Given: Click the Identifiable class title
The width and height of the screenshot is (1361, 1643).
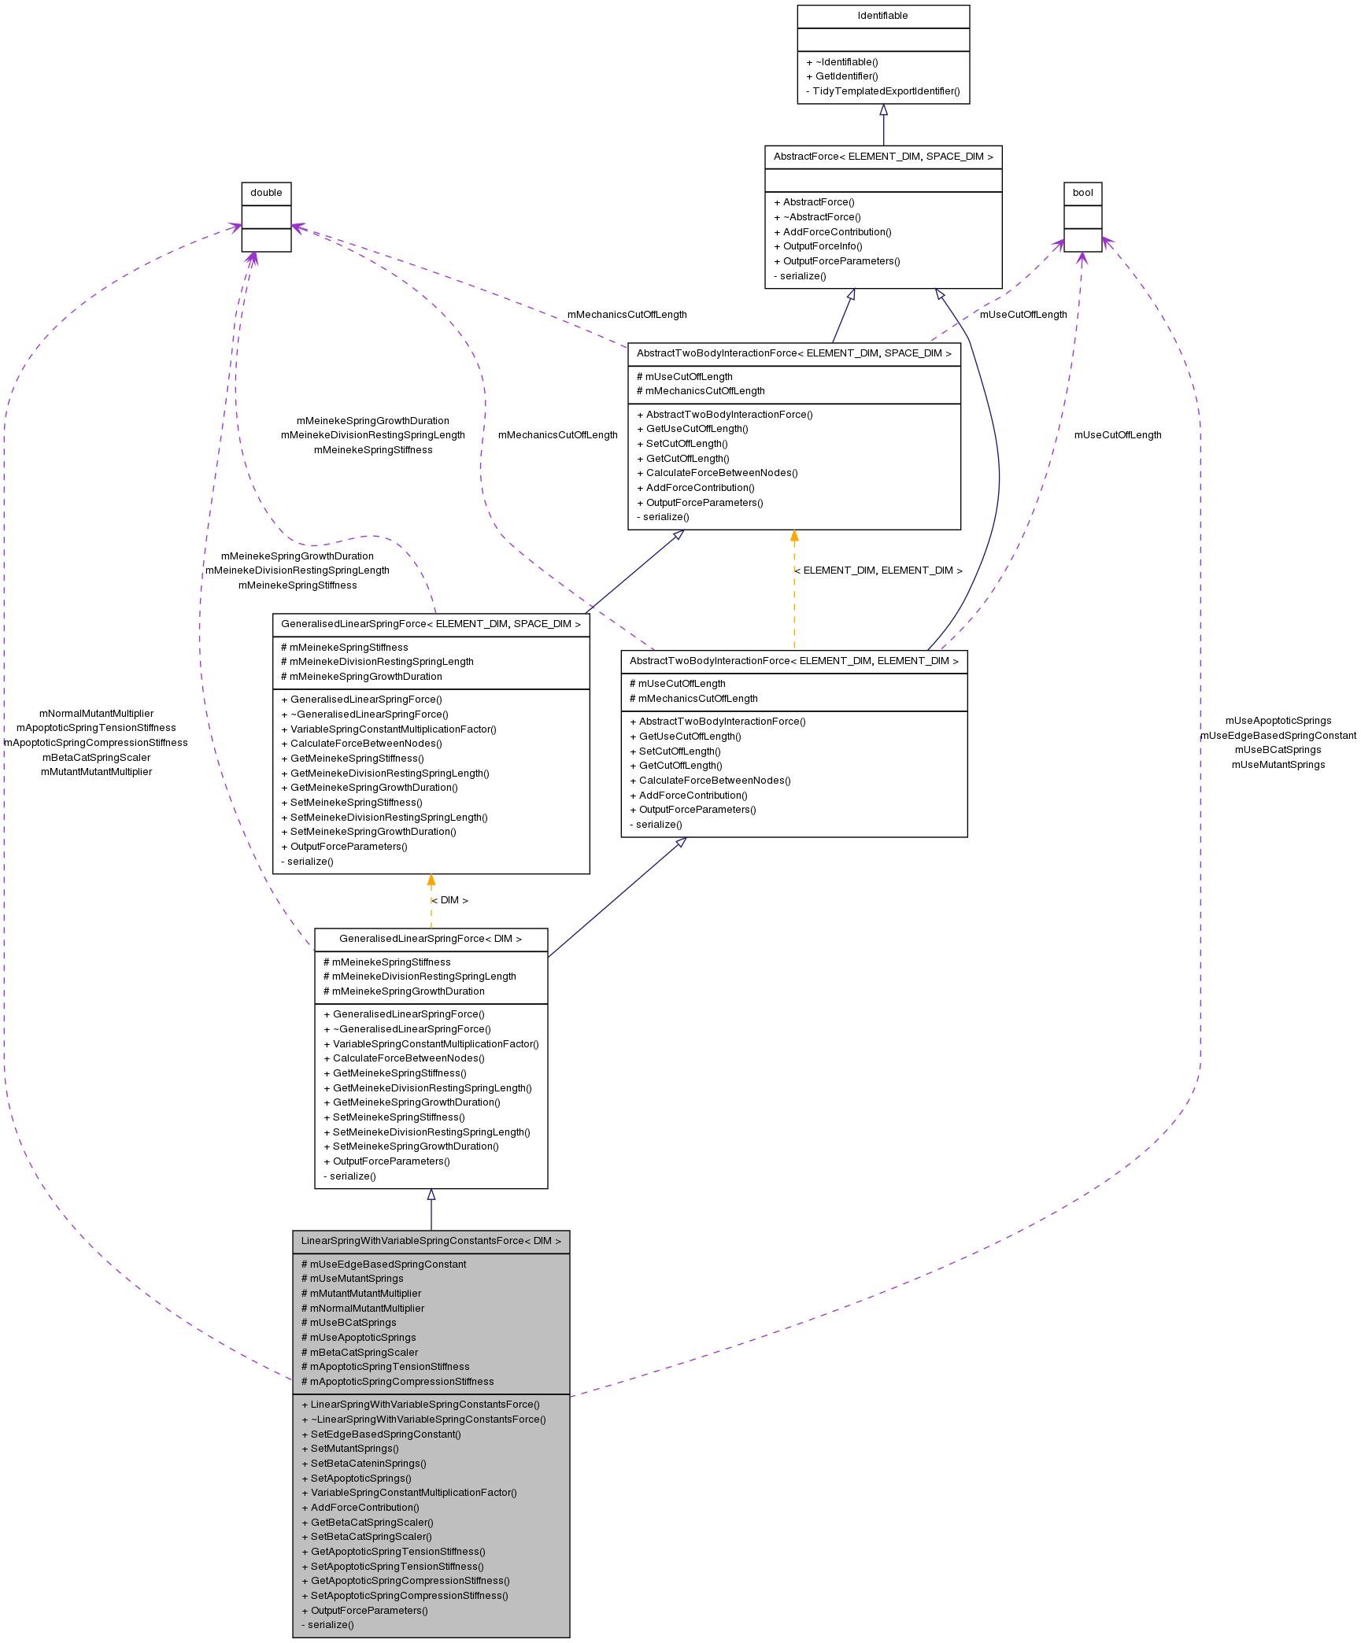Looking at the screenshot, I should pyautogui.click(x=882, y=16).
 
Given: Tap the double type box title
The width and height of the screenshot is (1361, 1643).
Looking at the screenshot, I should pyautogui.click(x=266, y=193).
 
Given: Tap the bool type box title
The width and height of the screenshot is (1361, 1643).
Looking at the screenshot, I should pyautogui.click(x=1082, y=193).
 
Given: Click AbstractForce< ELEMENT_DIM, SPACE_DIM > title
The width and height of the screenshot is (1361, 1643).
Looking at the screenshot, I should pyautogui.click(x=882, y=157).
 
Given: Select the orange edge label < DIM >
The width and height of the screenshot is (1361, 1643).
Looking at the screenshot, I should pyautogui.click(x=450, y=900).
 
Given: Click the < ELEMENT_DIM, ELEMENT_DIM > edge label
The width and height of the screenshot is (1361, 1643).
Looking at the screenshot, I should pyautogui.click(x=878, y=570).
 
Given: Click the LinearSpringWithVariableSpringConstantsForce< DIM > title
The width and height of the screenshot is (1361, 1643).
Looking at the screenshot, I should pyautogui.click(x=431, y=1241).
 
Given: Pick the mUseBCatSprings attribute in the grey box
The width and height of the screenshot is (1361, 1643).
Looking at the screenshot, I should pyautogui.click(x=353, y=1323).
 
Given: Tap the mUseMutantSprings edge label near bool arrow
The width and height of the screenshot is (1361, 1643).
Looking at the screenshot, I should pyautogui.click(x=1278, y=765).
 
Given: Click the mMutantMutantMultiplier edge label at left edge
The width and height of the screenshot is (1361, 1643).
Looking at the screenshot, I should pyautogui.click(x=96, y=772).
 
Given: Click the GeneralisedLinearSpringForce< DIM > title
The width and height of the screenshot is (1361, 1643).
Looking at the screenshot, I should pyautogui.click(x=430, y=939).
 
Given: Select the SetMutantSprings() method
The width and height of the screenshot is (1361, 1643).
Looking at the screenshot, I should pyautogui.click(x=354, y=1449).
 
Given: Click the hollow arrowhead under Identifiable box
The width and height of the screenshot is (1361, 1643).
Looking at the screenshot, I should pyautogui.click(x=883, y=110).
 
